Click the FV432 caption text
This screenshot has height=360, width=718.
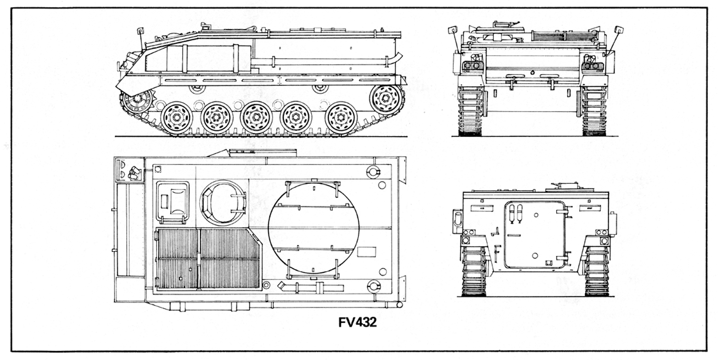(x=357, y=322)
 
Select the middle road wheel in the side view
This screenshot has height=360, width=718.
(x=256, y=118)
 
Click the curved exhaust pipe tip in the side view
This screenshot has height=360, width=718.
(x=398, y=56)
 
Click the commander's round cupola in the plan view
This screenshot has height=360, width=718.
(x=223, y=201)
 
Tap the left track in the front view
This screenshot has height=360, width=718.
(x=470, y=111)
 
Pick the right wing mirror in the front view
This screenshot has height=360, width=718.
(x=619, y=30)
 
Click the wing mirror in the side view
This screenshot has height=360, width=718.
(x=140, y=30)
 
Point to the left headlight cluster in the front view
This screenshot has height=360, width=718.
(x=471, y=65)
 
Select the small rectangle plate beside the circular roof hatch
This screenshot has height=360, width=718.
(x=368, y=251)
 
